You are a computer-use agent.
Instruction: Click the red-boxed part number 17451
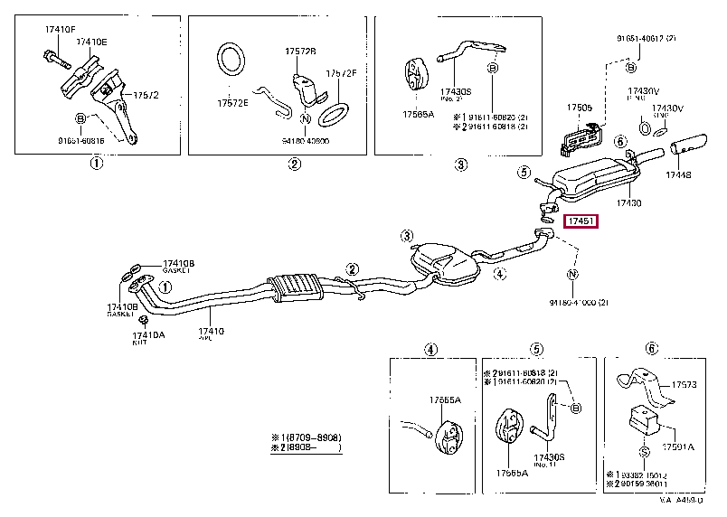(x=580, y=221)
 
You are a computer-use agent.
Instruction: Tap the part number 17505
(x=580, y=108)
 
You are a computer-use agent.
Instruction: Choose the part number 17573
(x=685, y=385)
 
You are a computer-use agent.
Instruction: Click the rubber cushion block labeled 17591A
(x=641, y=420)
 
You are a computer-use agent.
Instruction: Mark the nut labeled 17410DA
(x=131, y=320)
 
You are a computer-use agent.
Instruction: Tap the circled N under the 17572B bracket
(x=306, y=118)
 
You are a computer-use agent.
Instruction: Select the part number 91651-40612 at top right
(x=642, y=39)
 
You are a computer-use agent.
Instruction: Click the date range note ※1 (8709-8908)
(x=305, y=437)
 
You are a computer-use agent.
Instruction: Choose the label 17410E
(x=90, y=42)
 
